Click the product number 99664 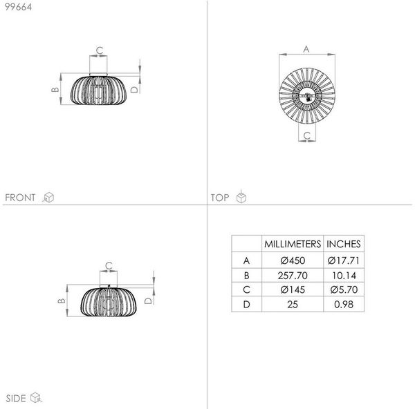click(18, 7)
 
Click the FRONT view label click(20, 198)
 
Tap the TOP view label click(220, 198)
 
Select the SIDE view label click(16, 399)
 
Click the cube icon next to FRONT click(48, 197)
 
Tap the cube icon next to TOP click(241, 196)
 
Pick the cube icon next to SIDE click(36, 398)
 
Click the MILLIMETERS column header click(293, 244)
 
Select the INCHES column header click(344, 244)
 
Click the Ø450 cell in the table click(293, 260)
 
